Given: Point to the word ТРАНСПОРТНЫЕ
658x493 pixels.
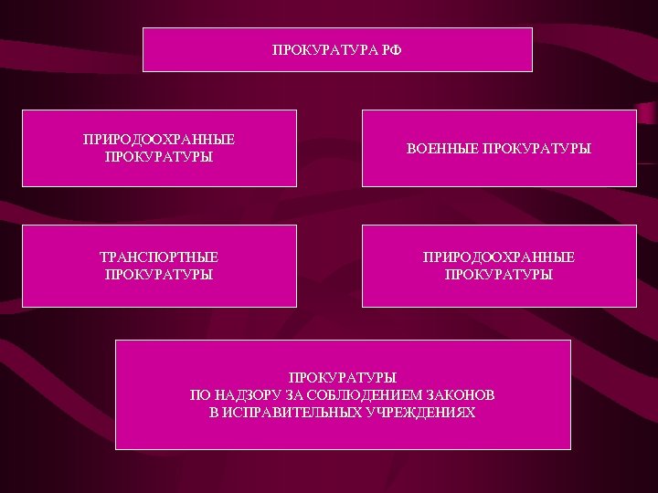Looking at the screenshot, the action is click(x=159, y=257).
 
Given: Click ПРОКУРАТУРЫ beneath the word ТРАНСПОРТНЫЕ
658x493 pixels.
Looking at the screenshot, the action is click(x=159, y=274).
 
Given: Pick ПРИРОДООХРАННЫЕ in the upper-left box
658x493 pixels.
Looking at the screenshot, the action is click(x=159, y=140).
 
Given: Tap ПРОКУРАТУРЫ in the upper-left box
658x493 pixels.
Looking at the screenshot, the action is click(x=159, y=156).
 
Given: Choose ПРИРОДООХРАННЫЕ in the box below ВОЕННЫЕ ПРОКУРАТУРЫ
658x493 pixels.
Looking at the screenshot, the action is click(x=499, y=257).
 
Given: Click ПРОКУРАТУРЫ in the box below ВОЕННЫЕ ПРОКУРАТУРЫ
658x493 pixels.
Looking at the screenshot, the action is click(x=499, y=274).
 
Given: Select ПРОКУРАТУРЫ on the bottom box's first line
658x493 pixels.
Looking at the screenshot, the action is click(x=343, y=377).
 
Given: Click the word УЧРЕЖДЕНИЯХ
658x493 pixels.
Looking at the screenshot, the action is click(x=425, y=412).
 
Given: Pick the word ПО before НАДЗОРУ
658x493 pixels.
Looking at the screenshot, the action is click(x=199, y=394).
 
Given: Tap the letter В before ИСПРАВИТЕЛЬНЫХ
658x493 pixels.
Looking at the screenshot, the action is click(x=214, y=412).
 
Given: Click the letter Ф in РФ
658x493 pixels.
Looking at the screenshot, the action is click(x=396, y=49).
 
